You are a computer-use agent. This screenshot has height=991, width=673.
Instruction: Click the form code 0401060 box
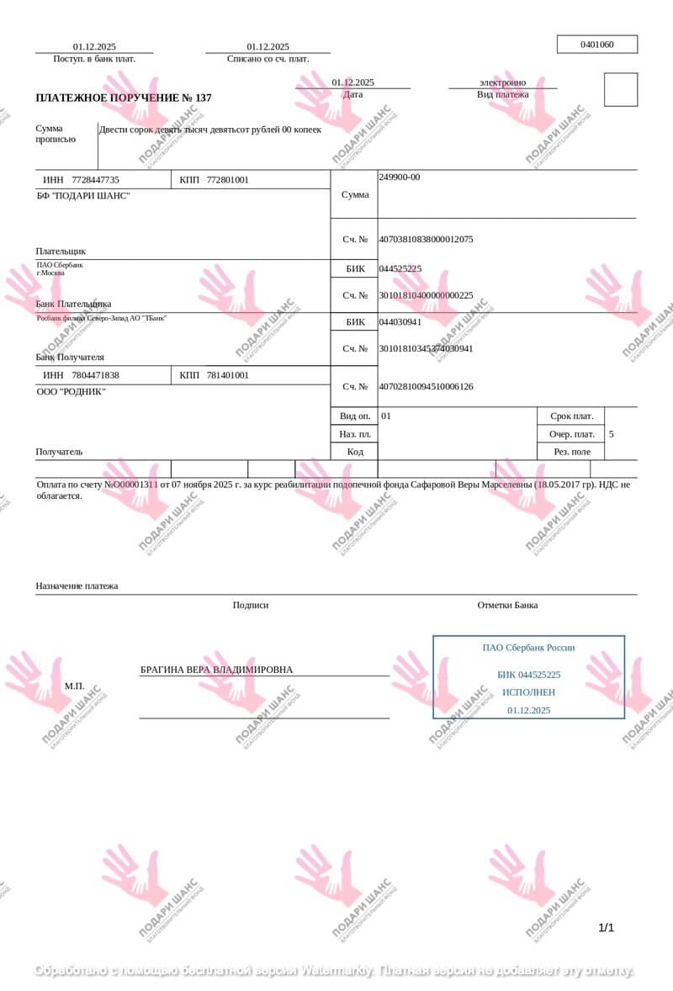(x=597, y=45)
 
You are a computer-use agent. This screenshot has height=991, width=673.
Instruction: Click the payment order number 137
(x=203, y=98)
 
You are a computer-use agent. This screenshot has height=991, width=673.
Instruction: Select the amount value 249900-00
(x=400, y=178)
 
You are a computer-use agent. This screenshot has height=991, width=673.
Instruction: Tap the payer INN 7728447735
(x=95, y=180)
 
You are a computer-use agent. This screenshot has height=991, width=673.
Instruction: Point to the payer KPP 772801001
(x=227, y=180)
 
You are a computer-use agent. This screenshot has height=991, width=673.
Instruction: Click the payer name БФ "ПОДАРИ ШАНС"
(x=83, y=196)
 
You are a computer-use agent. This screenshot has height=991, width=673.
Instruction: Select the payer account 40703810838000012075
(x=426, y=240)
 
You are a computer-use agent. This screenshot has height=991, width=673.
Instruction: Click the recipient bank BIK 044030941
(x=400, y=322)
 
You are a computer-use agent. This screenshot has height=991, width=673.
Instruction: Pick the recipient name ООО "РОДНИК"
(x=71, y=392)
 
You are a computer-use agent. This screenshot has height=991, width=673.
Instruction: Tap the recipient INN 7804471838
(x=95, y=375)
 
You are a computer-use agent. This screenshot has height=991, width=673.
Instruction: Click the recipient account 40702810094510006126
(x=426, y=387)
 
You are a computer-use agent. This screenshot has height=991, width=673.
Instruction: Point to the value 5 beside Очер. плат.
(x=611, y=435)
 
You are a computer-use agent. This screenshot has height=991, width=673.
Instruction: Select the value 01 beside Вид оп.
(x=386, y=416)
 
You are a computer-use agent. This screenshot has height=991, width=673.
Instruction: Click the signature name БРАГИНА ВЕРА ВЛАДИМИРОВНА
(x=216, y=670)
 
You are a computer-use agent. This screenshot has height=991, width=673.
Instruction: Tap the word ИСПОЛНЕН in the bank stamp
(x=528, y=692)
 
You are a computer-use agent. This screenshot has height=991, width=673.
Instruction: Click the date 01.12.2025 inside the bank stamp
(x=528, y=711)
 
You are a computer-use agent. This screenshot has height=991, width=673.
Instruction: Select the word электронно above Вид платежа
(x=502, y=82)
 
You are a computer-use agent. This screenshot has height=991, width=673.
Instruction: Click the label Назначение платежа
(x=77, y=586)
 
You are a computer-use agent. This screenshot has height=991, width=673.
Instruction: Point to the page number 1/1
(x=606, y=928)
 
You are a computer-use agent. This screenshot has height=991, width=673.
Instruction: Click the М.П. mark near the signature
(x=74, y=686)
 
